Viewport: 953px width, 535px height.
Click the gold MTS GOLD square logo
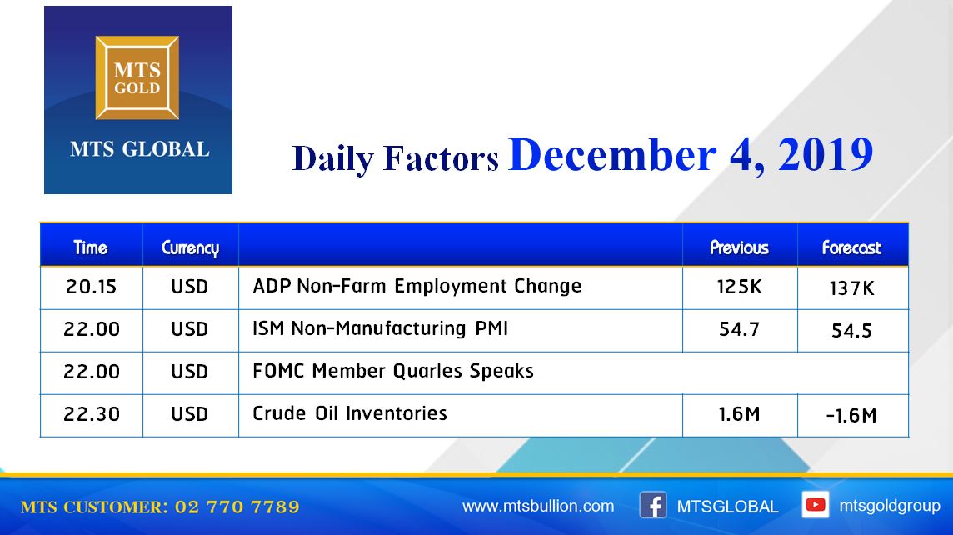137,77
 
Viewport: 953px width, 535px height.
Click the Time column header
91,247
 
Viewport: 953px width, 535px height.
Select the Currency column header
190,248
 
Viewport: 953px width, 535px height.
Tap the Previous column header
739,247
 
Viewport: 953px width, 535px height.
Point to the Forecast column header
851,247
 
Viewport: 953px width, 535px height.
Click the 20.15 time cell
91,287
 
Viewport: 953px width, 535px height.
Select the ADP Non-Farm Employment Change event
417,286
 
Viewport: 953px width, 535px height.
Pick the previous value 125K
739,287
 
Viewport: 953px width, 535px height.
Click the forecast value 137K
851,288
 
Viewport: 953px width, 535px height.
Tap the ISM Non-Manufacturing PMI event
380,328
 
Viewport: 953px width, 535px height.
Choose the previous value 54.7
739,329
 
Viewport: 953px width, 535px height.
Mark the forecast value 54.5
851,331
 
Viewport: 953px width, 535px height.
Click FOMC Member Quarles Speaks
392,371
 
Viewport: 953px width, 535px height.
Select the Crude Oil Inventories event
350,413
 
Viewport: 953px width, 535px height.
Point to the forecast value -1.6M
851,416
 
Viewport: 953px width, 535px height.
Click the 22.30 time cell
92,414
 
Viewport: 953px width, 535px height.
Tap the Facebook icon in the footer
653,505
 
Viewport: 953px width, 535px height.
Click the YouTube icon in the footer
815,505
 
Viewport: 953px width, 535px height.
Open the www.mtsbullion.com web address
538,507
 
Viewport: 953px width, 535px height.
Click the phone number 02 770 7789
237,507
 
